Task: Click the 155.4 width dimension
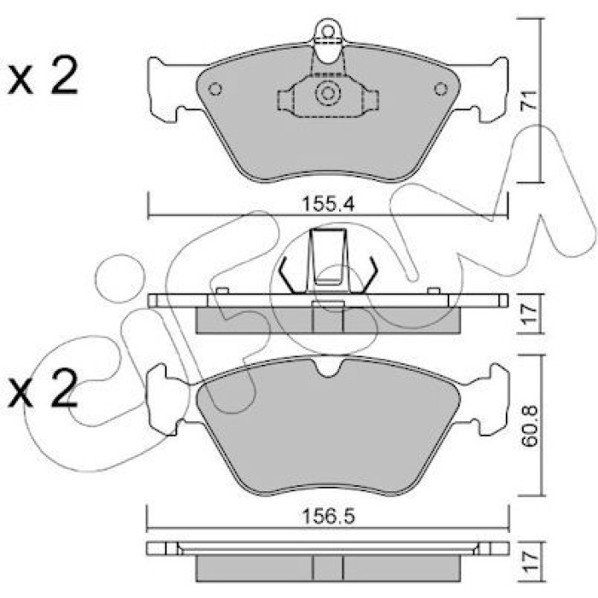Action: point(328,204)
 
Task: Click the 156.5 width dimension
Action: point(328,516)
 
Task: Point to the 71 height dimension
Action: point(529,100)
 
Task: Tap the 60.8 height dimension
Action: point(530,426)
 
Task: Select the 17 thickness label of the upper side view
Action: point(529,314)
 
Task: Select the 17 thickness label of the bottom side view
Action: point(530,562)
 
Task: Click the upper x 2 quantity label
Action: point(43,76)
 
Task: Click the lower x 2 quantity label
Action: point(43,387)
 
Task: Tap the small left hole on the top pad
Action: point(215,89)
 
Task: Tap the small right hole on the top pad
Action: point(441,89)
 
